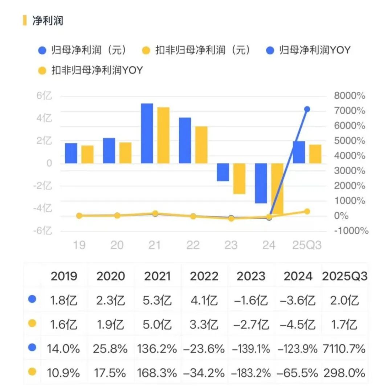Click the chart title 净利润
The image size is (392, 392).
(x=48, y=20)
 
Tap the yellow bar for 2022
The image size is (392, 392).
(x=201, y=145)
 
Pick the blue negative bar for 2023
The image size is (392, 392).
(x=223, y=172)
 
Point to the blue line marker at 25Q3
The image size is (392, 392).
(x=307, y=109)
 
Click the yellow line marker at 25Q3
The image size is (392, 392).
(x=307, y=211)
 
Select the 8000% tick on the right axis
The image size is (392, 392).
(x=349, y=96)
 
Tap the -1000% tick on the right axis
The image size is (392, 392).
(x=350, y=231)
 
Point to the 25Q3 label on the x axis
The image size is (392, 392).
(x=307, y=245)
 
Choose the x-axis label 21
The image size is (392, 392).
(x=155, y=245)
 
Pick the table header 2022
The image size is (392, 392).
(x=204, y=276)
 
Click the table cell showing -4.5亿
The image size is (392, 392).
(x=298, y=324)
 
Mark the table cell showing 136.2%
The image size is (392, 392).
(x=157, y=349)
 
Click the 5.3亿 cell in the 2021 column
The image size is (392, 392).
(x=158, y=300)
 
